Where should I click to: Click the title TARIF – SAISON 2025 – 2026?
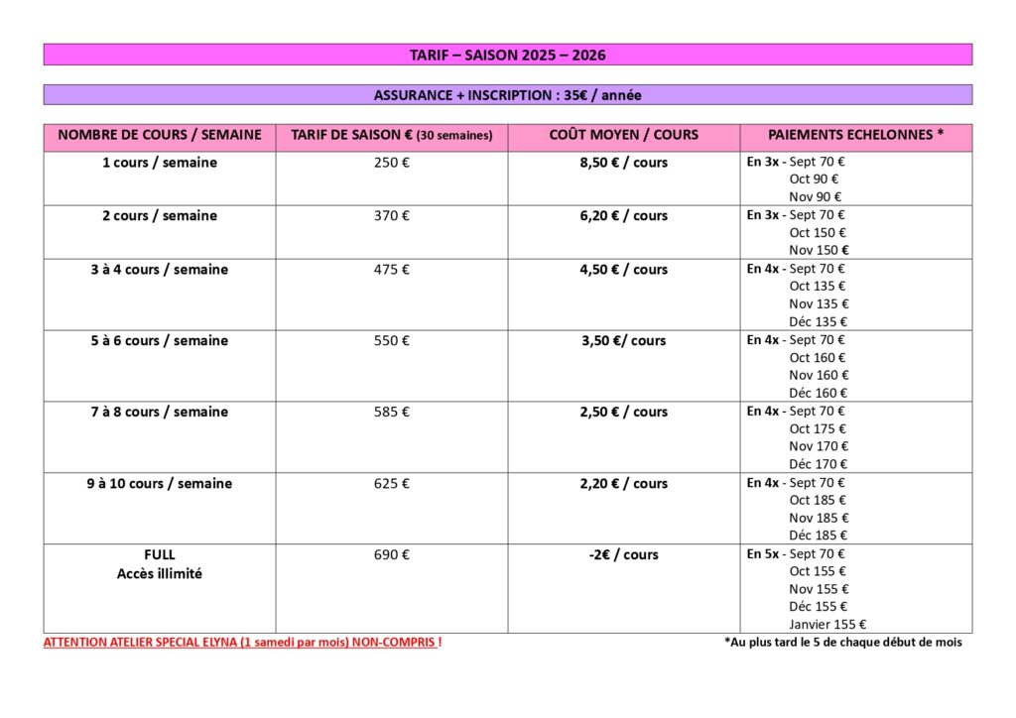507,55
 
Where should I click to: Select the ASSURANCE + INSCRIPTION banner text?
507,95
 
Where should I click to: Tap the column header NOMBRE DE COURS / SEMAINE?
159,135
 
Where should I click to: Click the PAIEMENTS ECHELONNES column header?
855,135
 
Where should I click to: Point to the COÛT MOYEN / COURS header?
623,135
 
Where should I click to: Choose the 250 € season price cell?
391,163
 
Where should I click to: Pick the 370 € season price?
391,216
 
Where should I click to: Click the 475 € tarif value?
391,270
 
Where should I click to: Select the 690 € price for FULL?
391,555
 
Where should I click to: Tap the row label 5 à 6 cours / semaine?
159,341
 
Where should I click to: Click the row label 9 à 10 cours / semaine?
159,484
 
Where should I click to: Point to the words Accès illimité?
159,573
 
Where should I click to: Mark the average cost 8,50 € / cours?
623,163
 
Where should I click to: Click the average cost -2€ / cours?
623,555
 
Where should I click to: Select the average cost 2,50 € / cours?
623,413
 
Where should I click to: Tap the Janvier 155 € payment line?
827,625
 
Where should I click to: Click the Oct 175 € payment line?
818,429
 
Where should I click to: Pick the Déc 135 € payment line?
818,322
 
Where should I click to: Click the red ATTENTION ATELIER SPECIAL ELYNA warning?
242,643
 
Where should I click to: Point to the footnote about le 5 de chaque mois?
842,643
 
